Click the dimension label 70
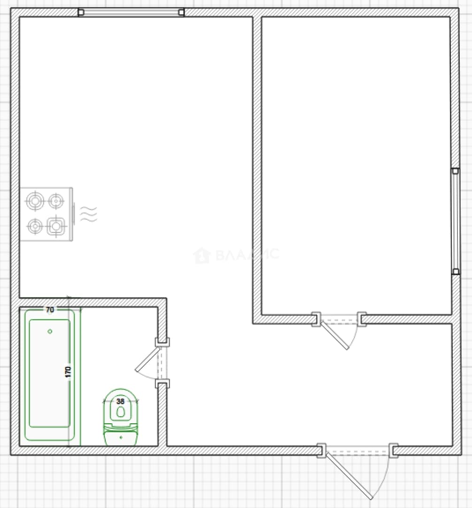(50, 310)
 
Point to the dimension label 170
(68, 372)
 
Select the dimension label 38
(120, 401)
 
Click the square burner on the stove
(56, 226)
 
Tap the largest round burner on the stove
(35, 201)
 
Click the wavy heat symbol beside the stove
(88, 214)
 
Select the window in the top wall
(131, 12)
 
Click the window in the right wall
(456, 221)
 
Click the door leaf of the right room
(335, 336)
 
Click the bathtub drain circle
(50, 331)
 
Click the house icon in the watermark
(202, 255)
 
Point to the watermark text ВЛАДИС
(247, 255)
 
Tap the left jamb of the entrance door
(322, 450)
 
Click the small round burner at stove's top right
(56, 201)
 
